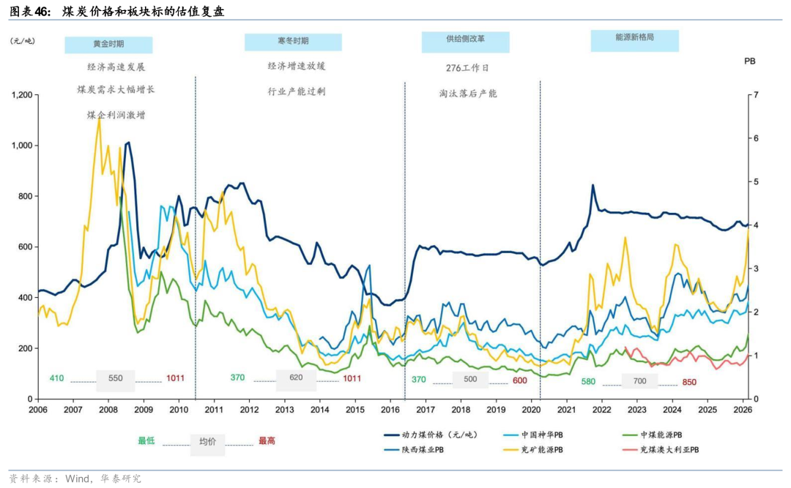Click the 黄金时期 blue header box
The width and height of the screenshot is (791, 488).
pyautogui.click(x=108, y=45)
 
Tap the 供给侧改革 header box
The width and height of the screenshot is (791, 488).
pyautogui.click(x=465, y=42)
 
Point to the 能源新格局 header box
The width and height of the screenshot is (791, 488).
pyautogui.click(x=634, y=41)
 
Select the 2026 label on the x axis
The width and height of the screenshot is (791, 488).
pyautogui.click(x=741, y=410)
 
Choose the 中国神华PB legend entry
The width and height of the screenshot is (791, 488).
pyautogui.click(x=543, y=435)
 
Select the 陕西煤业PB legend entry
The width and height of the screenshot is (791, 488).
pyautogui.click(x=422, y=450)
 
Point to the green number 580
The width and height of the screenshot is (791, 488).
pyautogui.click(x=588, y=381)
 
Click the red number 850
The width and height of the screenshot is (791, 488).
pyautogui.click(x=689, y=381)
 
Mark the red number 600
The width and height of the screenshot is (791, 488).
pyautogui.click(x=519, y=380)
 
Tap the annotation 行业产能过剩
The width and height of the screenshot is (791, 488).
pyautogui.click(x=296, y=91)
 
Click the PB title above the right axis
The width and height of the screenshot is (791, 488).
pyautogui.click(x=749, y=63)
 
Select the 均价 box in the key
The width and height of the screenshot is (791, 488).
pyautogui.click(x=208, y=441)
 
